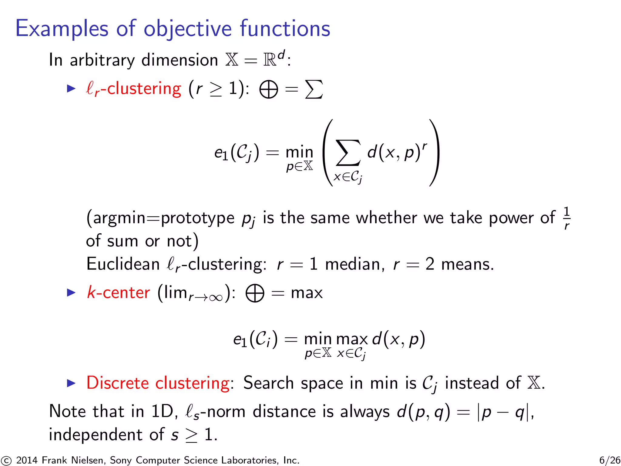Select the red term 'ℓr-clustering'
(x=133, y=89)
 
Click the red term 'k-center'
(x=118, y=293)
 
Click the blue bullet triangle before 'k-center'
(x=71, y=293)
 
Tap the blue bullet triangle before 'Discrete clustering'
(x=71, y=383)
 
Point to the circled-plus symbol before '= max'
(x=255, y=293)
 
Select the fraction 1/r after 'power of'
(x=566, y=218)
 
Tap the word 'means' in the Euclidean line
(x=467, y=264)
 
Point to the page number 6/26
(x=609, y=460)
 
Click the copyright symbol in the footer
(x=6, y=461)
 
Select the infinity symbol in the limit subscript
(x=216, y=298)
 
